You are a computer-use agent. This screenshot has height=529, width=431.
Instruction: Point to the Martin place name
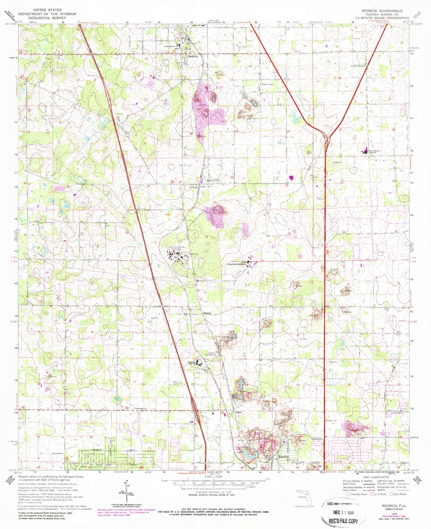click(x=207, y=313)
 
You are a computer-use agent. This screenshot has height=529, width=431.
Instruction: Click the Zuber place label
click(x=238, y=412)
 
